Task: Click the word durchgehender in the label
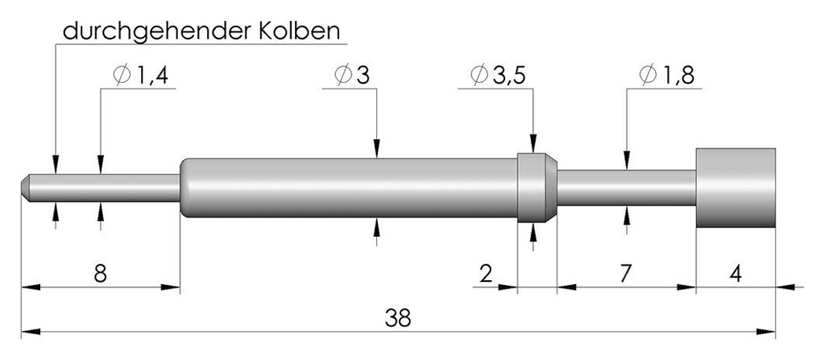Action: [x=157, y=31]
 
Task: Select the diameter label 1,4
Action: [x=152, y=77]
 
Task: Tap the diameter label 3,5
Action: [x=509, y=77]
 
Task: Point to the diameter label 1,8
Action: [x=678, y=77]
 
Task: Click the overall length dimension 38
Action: [x=398, y=318]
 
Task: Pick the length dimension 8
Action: [x=100, y=274]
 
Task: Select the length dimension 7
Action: [x=625, y=274]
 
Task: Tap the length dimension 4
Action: [x=736, y=274]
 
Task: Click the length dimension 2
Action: [x=487, y=274]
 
